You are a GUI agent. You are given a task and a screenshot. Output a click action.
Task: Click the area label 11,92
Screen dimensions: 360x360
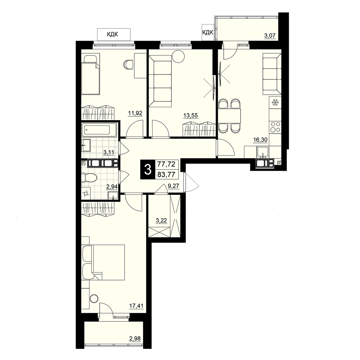pyautogui.click(x=135, y=113)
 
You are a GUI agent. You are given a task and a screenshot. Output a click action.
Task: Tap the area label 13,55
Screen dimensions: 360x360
pyautogui.click(x=190, y=116)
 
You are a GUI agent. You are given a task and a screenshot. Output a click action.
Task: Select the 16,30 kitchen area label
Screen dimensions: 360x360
pyautogui.click(x=260, y=140)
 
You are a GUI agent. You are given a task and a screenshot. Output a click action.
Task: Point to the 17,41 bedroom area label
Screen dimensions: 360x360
pyautogui.click(x=136, y=306)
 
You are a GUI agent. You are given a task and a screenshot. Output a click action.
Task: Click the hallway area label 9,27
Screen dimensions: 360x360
pyautogui.click(x=174, y=186)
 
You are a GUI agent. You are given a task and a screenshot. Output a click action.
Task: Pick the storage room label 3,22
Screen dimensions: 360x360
pyautogui.click(x=161, y=221)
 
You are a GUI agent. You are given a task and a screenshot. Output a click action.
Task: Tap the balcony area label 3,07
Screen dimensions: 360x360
pyautogui.click(x=270, y=36)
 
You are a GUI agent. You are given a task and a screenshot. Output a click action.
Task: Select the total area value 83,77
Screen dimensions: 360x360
pyautogui.click(x=166, y=175)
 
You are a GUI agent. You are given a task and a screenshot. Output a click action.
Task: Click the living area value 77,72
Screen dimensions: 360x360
pyautogui.click(x=166, y=164)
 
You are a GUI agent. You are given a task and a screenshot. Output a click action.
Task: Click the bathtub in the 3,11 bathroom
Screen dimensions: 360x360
pyautogui.click(x=99, y=130)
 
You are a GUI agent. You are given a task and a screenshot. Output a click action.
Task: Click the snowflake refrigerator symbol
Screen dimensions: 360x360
pyautogui.click(x=275, y=103)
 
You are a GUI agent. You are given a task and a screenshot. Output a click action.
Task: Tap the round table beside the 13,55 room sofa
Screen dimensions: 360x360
pyautogui.click(x=179, y=56)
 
